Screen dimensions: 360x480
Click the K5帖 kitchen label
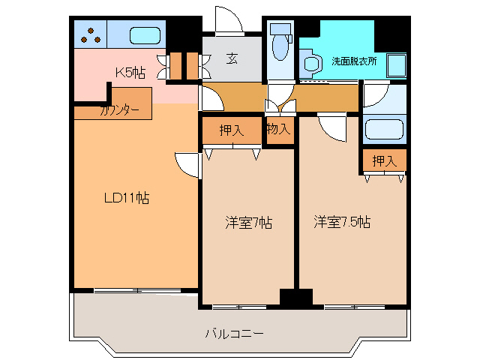coord(130,72)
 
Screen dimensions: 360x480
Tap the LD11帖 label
coord(126,198)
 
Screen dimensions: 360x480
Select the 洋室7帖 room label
coord(249,223)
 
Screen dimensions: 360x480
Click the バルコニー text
coord(235,334)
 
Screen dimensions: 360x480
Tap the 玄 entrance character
coord(232,58)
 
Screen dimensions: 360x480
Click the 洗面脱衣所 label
coord(354,61)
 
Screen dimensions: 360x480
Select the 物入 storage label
coord(278,129)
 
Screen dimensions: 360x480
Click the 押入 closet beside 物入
coord(232,130)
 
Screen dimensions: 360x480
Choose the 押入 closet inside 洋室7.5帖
coord(384,160)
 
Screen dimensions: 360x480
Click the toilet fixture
coord(280,45)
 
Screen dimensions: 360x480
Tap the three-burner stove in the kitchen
coord(91,35)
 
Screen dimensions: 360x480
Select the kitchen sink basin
coord(145,36)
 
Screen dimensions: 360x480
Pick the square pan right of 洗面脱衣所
coord(397,66)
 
